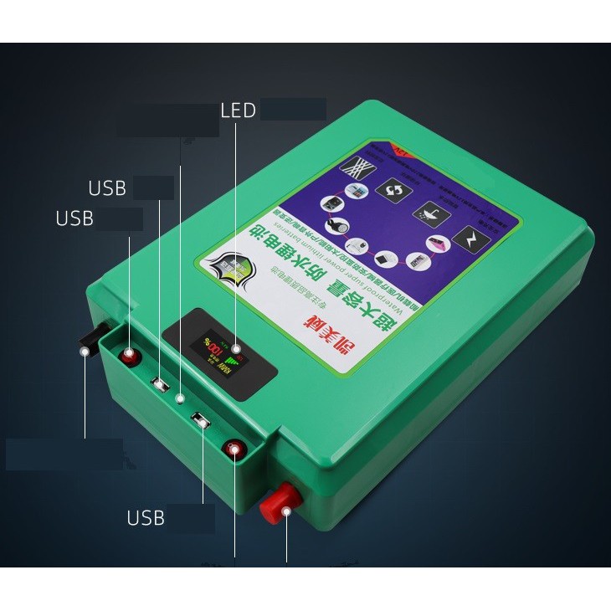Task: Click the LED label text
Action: click(x=238, y=110)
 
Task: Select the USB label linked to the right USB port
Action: click(x=146, y=517)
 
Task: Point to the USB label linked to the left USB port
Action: click(x=107, y=187)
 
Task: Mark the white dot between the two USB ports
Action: click(x=180, y=401)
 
